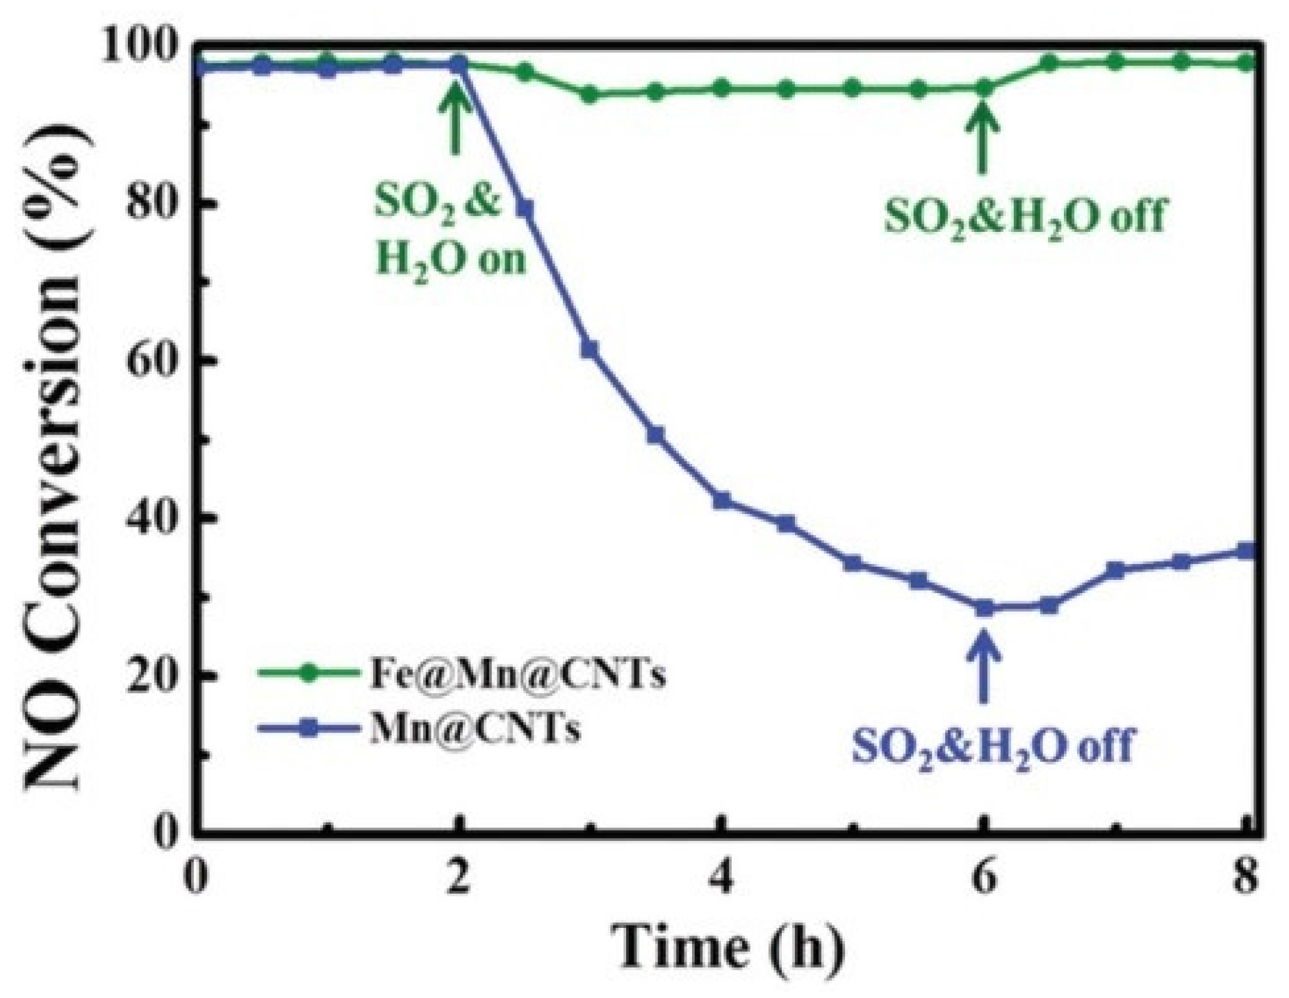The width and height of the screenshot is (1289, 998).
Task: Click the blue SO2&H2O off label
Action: (992, 745)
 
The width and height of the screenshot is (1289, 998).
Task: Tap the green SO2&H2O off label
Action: (1024, 217)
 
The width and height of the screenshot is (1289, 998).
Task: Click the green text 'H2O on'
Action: (451, 260)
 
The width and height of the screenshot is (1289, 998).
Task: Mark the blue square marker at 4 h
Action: (722, 500)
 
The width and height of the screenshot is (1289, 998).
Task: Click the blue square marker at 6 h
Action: (984, 608)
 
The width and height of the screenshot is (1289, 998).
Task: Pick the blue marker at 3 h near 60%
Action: (589, 349)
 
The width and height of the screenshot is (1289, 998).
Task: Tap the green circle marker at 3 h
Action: (590, 94)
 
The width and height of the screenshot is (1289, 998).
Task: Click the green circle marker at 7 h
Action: (1115, 62)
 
